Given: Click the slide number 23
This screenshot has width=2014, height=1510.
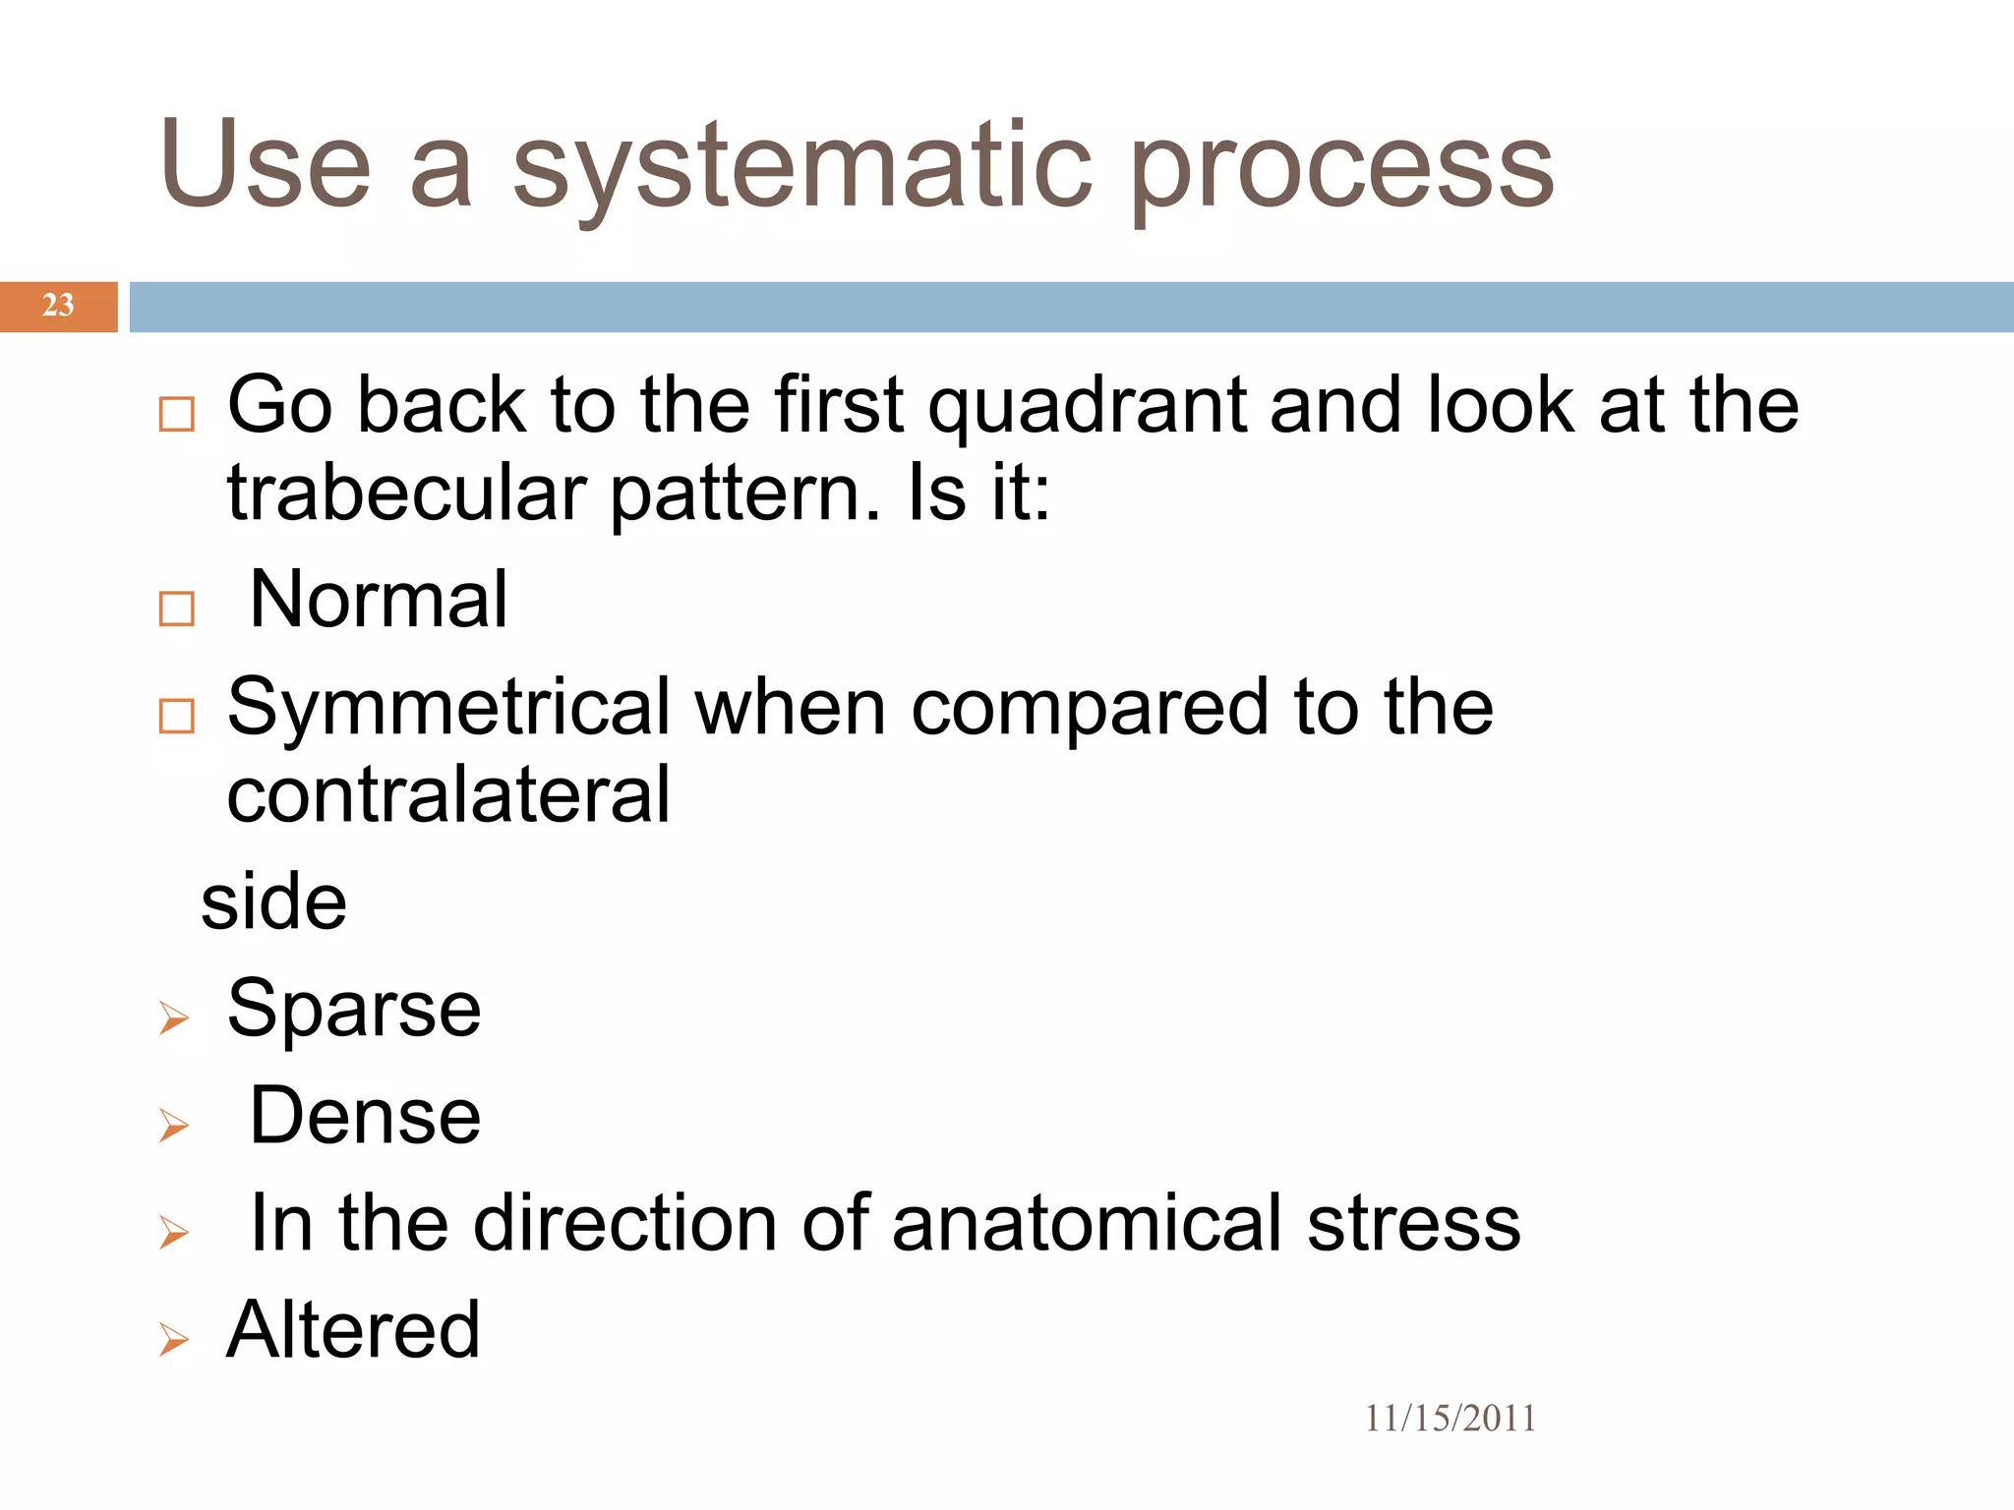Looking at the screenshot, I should coord(58,306).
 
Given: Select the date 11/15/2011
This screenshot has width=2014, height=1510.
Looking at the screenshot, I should coord(1450,1419).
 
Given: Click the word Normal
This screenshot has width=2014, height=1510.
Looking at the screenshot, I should coord(379,600).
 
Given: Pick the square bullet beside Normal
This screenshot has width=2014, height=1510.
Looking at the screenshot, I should coord(177,609).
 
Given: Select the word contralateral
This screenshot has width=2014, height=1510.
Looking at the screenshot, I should coord(448,794).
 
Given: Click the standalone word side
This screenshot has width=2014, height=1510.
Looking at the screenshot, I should coord(273,901).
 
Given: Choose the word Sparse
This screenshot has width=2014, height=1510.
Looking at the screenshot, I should coord(354,1010).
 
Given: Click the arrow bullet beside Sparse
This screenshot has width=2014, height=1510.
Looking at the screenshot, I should coord(174,1018).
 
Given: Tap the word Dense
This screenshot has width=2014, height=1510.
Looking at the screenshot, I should coord(365,1117).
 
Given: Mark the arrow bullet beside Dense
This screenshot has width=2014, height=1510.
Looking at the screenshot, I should coord(174,1126).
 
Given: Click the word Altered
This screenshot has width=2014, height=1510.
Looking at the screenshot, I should coord(353,1331).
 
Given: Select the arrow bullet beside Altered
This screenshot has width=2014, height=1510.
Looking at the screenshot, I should coord(174,1339).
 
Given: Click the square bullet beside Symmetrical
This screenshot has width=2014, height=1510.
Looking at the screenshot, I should coord(177,716).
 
